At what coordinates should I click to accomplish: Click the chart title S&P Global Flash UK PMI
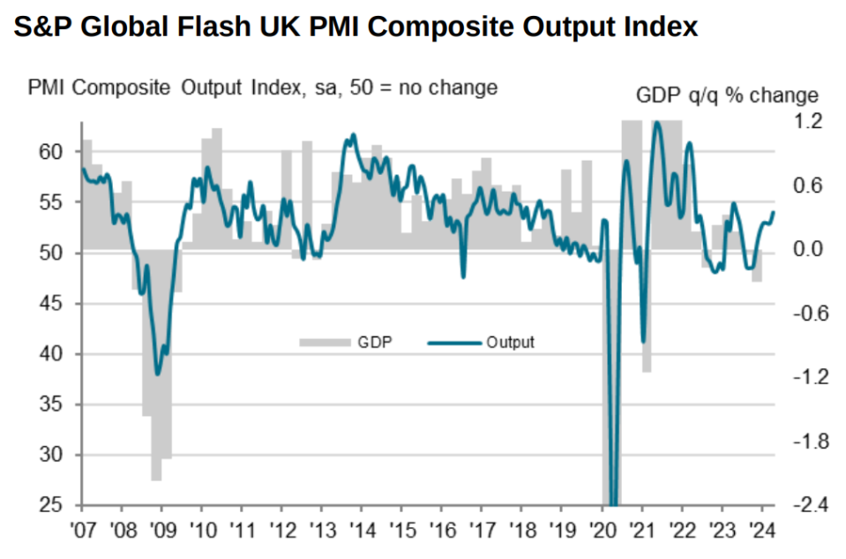tap(356, 27)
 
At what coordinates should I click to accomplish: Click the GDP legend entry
tap(353, 342)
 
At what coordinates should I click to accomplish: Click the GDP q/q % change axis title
tap(727, 95)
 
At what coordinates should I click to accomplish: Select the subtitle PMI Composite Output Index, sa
tap(263, 88)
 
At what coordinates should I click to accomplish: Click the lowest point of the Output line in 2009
tap(158, 374)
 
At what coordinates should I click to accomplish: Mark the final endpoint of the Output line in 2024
tap(774, 212)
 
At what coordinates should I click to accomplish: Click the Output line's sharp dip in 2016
tap(463, 276)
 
